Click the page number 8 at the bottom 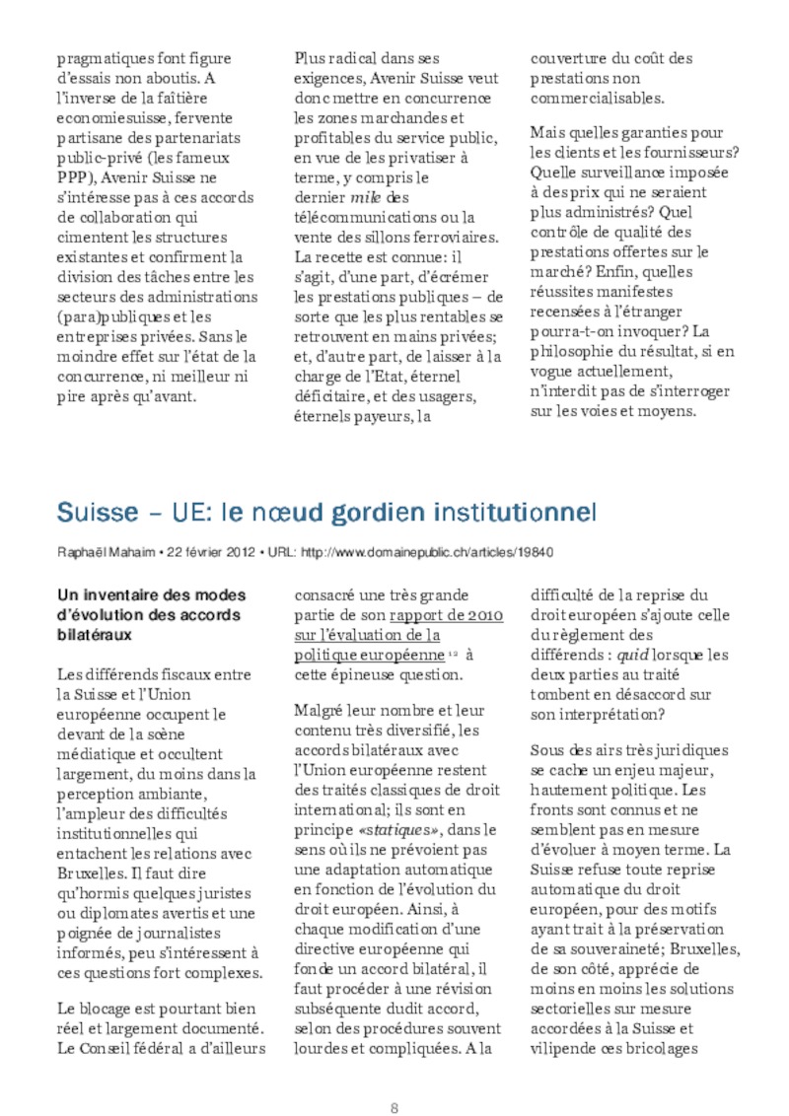[x=394, y=1080]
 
